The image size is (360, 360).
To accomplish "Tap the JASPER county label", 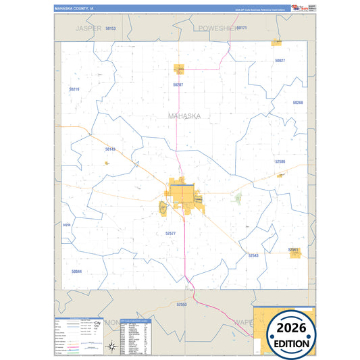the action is click(88, 29).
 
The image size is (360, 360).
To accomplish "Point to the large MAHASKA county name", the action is click(184, 116).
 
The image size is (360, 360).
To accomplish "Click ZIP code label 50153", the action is click(111, 28).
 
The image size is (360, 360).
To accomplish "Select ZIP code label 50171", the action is click(242, 28).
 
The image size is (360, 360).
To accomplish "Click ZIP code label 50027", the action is click(280, 61).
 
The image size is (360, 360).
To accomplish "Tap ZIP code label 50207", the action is click(178, 85).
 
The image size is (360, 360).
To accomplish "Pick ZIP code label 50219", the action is click(74, 89).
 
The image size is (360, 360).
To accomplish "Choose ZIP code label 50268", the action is click(298, 103).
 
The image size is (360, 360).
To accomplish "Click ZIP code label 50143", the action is click(111, 149).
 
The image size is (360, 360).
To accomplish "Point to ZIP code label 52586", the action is click(280, 161).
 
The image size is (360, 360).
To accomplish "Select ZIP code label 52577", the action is click(170, 233).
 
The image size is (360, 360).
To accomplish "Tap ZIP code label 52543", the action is click(253, 255).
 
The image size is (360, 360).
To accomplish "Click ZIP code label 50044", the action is click(76, 272).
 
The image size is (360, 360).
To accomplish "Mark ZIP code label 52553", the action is click(180, 305).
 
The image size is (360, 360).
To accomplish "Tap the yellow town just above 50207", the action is click(180, 69).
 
